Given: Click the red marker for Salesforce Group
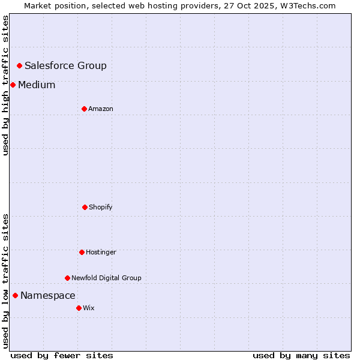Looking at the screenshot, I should point(19,65).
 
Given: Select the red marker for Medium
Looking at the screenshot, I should point(13,85).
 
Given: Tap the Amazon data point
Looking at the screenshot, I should point(84,109).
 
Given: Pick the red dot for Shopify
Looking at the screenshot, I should point(85,207).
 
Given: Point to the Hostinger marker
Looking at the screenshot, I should point(82,252).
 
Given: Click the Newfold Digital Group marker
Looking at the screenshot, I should point(67,278).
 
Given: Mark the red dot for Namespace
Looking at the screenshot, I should point(15,295).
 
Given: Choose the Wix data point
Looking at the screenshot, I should point(79,308).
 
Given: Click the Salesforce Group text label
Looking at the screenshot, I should point(65,66).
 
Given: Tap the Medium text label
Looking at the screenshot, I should point(37,85).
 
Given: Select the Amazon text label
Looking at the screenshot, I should point(101,109).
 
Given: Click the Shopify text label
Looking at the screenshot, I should point(101,208).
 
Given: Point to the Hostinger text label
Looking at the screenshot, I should point(101,253).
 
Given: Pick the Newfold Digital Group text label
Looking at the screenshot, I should point(106,278).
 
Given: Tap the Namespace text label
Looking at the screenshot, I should point(48,296).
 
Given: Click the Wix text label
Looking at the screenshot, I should point(89,308).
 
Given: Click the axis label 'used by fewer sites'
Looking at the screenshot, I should point(62,355).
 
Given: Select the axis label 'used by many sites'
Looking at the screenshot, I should point(301,355).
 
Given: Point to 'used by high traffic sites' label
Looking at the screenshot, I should point(6,85).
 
